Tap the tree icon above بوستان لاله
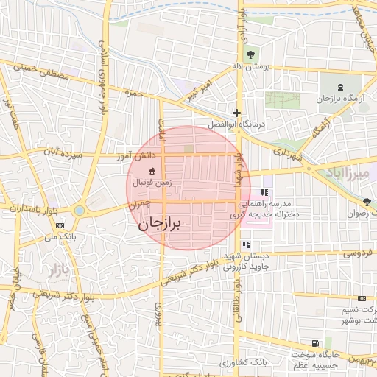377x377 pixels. click(x=250, y=54)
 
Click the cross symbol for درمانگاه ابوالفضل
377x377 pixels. click(x=236, y=113)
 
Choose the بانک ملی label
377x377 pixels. click(x=60, y=236)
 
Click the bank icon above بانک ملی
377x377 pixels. click(x=60, y=225)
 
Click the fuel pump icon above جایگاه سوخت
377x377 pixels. click(x=315, y=343)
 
